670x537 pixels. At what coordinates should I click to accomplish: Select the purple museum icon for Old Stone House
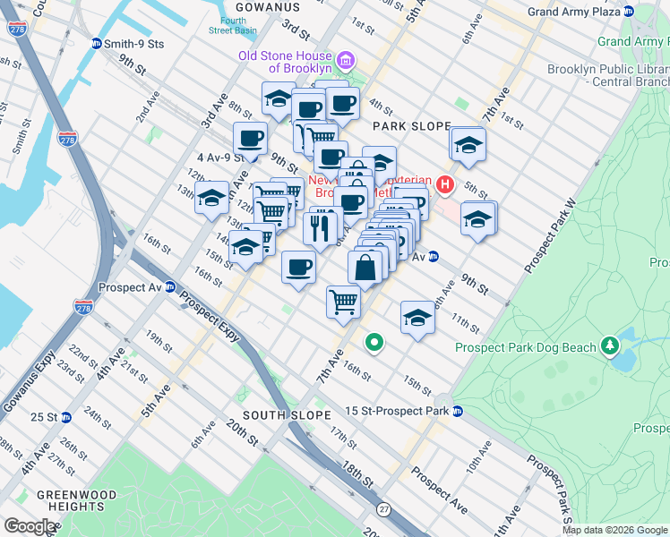click(x=349, y=61)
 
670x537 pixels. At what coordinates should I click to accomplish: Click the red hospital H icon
click(x=446, y=184)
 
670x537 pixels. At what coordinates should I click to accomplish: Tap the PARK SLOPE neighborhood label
click(x=412, y=126)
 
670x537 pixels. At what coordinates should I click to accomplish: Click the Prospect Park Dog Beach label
click(x=524, y=347)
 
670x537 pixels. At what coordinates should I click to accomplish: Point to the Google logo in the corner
click(x=30, y=525)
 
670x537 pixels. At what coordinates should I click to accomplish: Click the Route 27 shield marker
click(x=384, y=509)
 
